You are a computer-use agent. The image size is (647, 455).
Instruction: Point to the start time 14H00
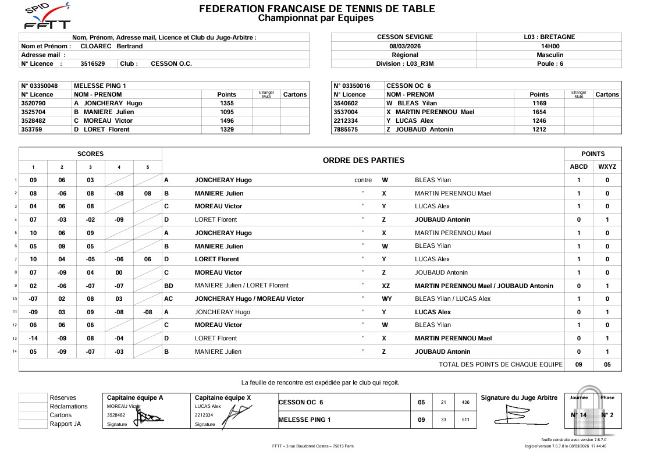click(549, 46)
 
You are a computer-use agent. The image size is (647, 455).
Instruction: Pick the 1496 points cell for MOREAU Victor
click(226, 120)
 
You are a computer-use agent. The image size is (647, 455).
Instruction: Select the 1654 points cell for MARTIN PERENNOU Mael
click(539, 112)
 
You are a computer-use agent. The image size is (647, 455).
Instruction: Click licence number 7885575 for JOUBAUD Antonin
click(346, 129)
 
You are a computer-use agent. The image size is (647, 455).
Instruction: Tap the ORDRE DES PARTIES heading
click(363, 160)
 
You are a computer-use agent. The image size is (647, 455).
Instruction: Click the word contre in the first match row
click(363, 180)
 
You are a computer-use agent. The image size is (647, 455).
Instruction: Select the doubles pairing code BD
click(169, 286)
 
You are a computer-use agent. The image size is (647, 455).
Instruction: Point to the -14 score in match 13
click(33, 338)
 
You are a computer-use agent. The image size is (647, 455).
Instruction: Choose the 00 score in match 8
click(119, 272)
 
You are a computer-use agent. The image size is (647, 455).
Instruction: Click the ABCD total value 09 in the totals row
click(578, 365)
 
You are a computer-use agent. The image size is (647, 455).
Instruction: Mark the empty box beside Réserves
click(33, 398)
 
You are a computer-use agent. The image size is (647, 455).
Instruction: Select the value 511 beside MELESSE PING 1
click(465, 420)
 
